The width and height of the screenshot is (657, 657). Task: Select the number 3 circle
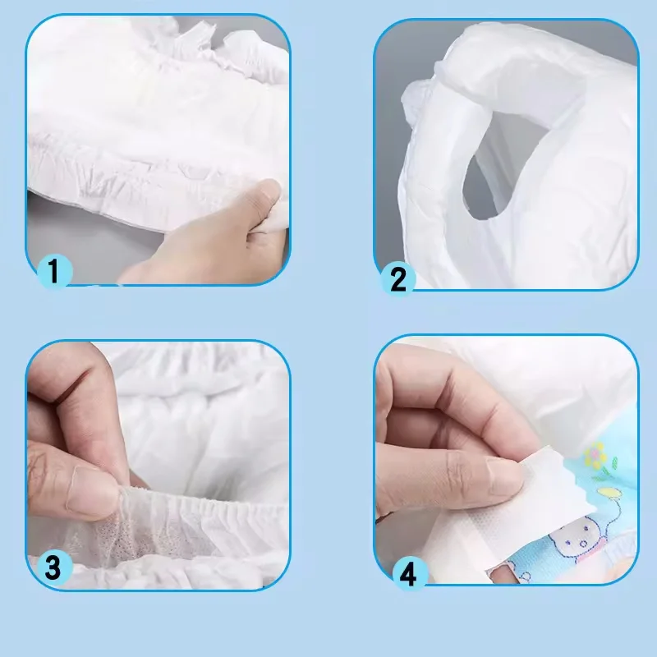[x=52, y=566]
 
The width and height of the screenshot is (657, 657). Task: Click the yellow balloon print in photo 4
[x=609, y=493]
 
